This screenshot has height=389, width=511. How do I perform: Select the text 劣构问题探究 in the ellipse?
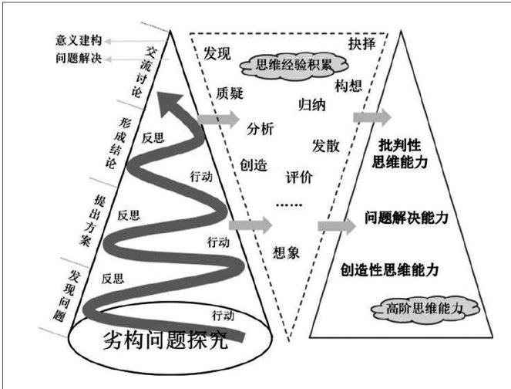[166, 341]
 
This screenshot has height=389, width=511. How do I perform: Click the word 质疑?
[230, 93]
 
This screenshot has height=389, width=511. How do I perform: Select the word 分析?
[260, 129]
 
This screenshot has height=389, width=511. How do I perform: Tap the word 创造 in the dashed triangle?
[253, 164]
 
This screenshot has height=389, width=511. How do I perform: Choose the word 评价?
[299, 177]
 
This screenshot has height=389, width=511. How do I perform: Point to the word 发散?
[326, 145]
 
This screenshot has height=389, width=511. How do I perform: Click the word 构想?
[349, 83]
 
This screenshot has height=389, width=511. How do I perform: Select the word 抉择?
[361, 42]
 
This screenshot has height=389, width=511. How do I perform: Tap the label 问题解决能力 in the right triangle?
[406, 218]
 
